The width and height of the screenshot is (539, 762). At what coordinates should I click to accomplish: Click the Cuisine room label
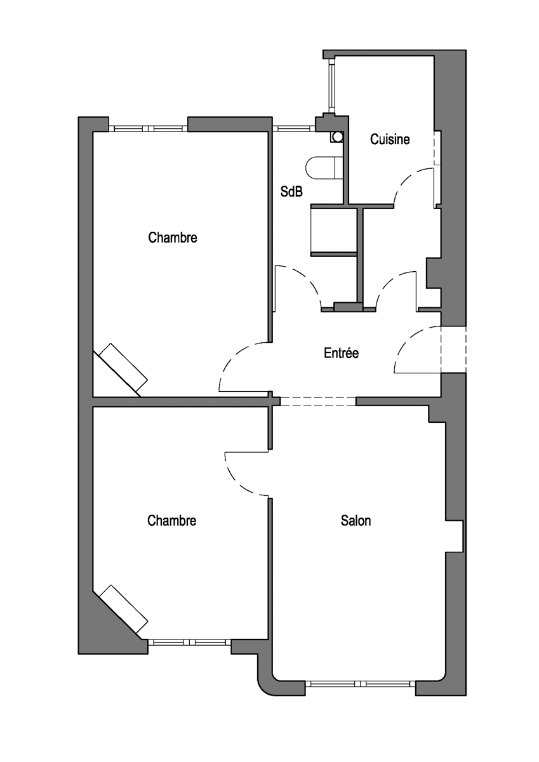(x=390, y=140)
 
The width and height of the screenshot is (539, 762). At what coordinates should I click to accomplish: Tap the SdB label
(x=291, y=192)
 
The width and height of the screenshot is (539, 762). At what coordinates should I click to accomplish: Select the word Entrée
(x=341, y=353)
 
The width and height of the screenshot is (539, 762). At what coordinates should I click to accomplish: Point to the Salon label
(x=356, y=521)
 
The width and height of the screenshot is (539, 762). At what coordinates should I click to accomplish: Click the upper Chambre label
(x=173, y=237)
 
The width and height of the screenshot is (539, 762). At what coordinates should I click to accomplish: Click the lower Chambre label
(x=172, y=521)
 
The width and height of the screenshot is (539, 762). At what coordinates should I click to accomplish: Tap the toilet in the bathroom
(x=325, y=168)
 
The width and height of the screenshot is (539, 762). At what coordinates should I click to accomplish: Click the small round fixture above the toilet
(x=337, y=137)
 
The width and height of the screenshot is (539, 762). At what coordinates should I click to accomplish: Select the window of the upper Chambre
(x=148, y=128)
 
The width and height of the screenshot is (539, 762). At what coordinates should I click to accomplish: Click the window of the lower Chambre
(x=189, y=642)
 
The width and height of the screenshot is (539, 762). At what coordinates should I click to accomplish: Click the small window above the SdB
(x=294, y=128)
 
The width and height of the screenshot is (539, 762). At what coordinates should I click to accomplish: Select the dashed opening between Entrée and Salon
(x=318, y=401)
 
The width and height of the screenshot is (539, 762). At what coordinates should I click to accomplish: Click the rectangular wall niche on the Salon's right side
(x=455, y=536)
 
